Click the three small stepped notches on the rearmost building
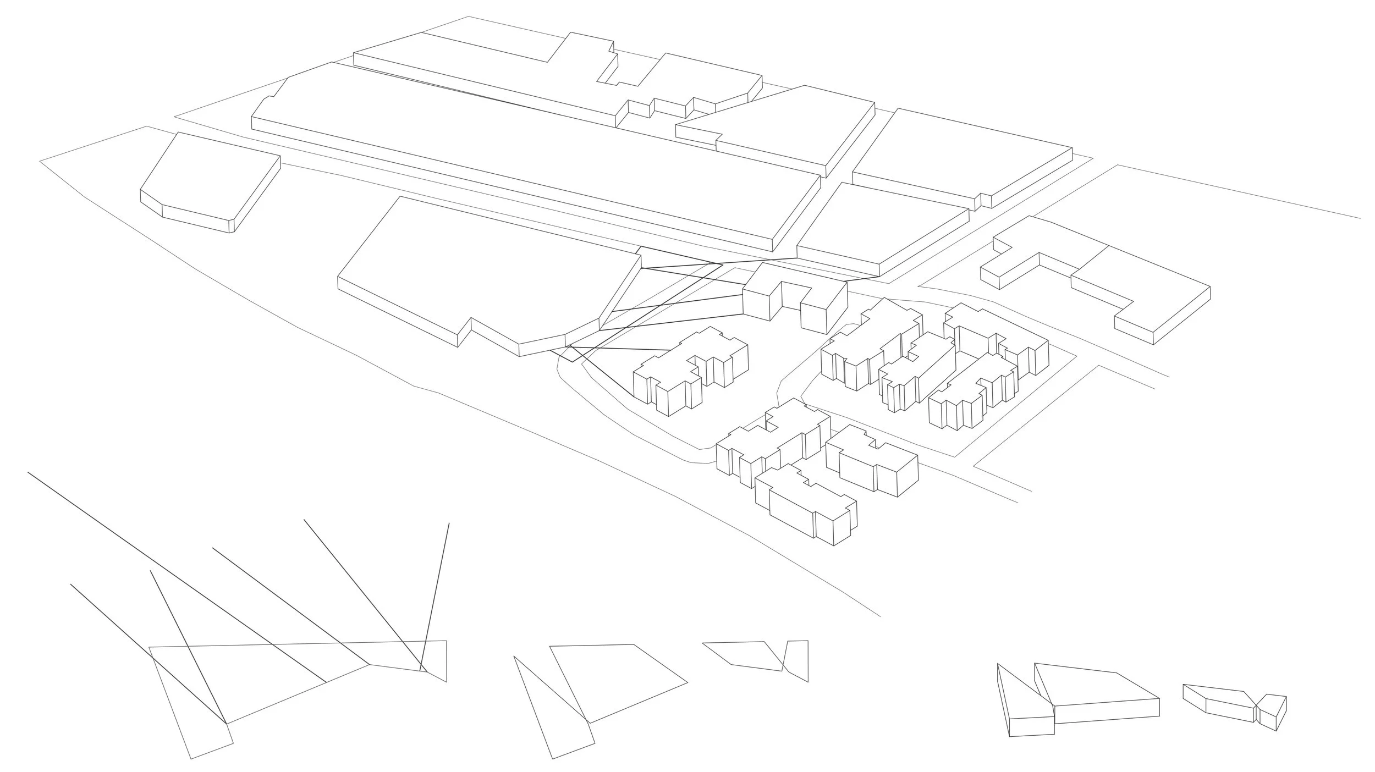point(668,110)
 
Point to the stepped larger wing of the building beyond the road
point(1144,291)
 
